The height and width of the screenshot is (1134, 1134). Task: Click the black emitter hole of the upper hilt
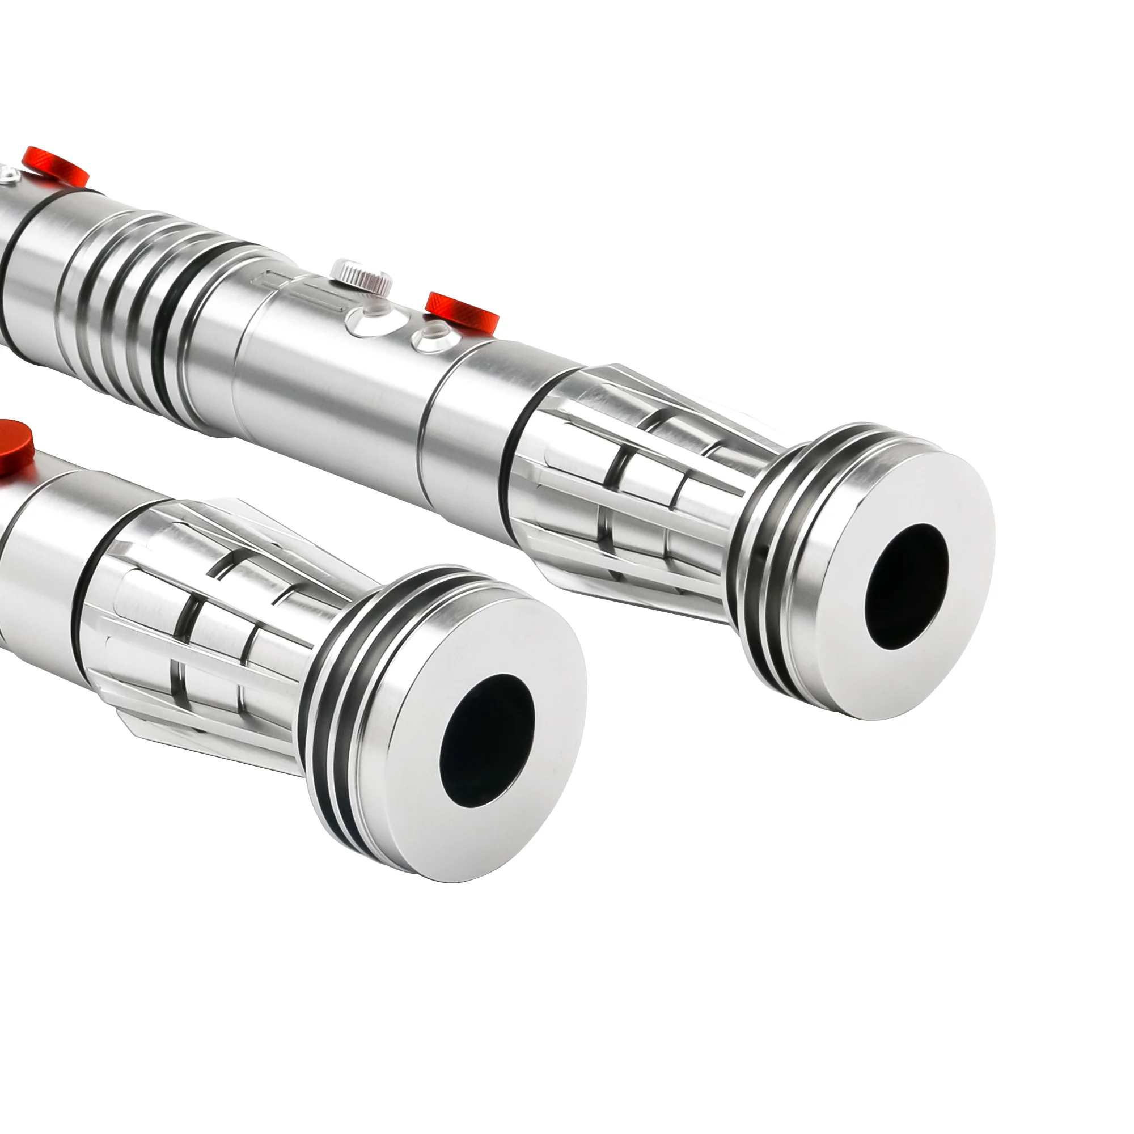906,569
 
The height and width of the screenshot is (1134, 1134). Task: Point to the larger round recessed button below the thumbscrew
367,322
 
